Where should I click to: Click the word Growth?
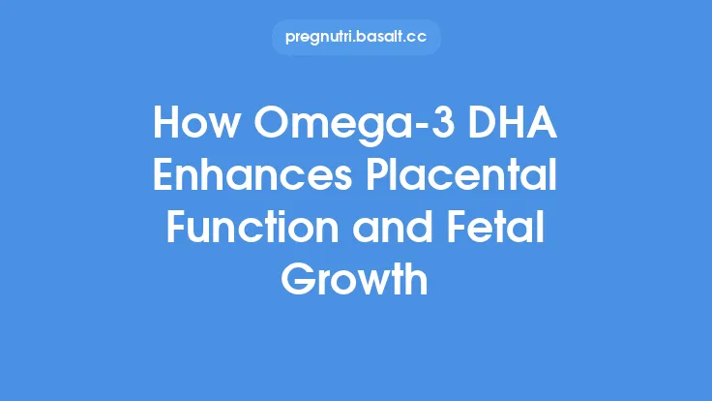[x=355, y=280]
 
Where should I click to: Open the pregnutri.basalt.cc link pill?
[x=355, y=38]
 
